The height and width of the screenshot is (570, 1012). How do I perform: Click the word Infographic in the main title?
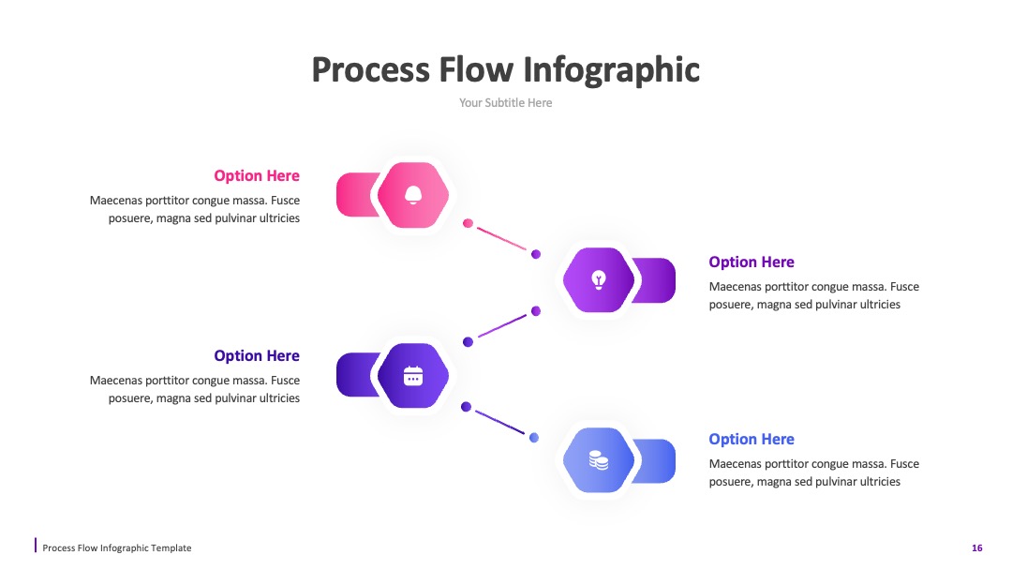coord(611,70)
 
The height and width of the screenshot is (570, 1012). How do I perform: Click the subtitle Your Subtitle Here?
coord(505,102)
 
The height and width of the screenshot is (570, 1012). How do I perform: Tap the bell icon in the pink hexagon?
coord(413,195)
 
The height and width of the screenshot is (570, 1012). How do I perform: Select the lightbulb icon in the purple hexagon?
coord(599,280)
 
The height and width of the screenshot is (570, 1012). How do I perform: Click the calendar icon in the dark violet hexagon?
coord(413,376)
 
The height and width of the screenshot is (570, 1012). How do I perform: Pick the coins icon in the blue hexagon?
coord(599,460)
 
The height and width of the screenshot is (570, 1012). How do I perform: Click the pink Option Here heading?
coord(257,175)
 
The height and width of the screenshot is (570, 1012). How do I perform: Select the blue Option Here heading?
coord(752,439)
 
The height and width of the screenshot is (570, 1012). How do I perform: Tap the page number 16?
coord(977,548)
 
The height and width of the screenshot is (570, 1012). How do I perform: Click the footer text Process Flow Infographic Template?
coord(117,548)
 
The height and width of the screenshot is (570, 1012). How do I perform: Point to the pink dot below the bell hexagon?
coord(468,223)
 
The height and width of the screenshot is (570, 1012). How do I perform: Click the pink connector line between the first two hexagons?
coord(501,238)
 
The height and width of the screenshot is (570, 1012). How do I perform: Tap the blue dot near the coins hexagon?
coord(534,438)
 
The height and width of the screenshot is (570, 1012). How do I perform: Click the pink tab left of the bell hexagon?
coord(356,194)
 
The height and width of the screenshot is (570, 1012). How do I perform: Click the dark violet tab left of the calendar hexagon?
coord(356,375)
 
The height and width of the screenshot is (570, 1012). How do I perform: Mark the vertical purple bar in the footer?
coord(36,545)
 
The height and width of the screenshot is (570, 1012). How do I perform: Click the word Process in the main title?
coord(370,70)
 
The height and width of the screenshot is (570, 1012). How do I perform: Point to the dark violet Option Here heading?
coord(257,355)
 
